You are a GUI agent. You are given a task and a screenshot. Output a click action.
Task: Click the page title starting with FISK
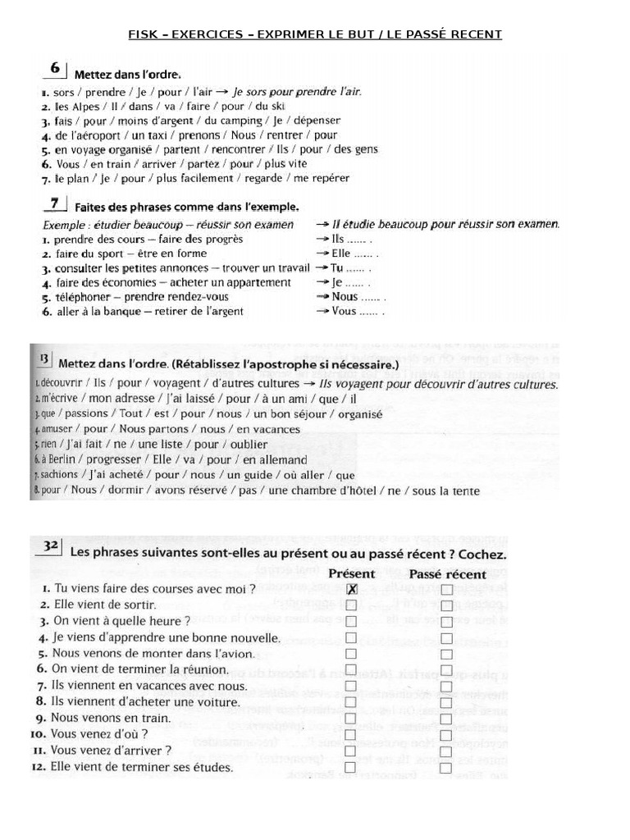click(x=315, y=34)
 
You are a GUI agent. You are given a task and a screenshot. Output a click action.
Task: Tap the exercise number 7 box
click(x=54, y=203)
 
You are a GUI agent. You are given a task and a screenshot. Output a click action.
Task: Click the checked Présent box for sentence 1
click(x=352, y=589)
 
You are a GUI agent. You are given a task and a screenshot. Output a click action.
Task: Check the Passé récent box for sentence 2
click(x=446, y=605)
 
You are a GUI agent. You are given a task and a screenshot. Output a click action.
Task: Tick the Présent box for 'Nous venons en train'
click(x=351, y=718)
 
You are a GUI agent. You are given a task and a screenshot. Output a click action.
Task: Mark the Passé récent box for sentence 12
click(x=446, y=768)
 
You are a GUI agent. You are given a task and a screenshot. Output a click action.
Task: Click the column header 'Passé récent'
click(x=447, y=573)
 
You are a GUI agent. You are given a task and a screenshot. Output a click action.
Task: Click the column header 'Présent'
click(x=351, y=573)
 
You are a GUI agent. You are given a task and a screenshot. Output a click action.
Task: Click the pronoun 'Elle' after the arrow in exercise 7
click(x=342, y=253)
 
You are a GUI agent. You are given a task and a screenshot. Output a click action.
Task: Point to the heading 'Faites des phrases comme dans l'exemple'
click(x=186, y=207)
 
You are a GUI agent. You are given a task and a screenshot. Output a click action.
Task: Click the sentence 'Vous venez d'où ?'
click(x=99, y=734)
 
